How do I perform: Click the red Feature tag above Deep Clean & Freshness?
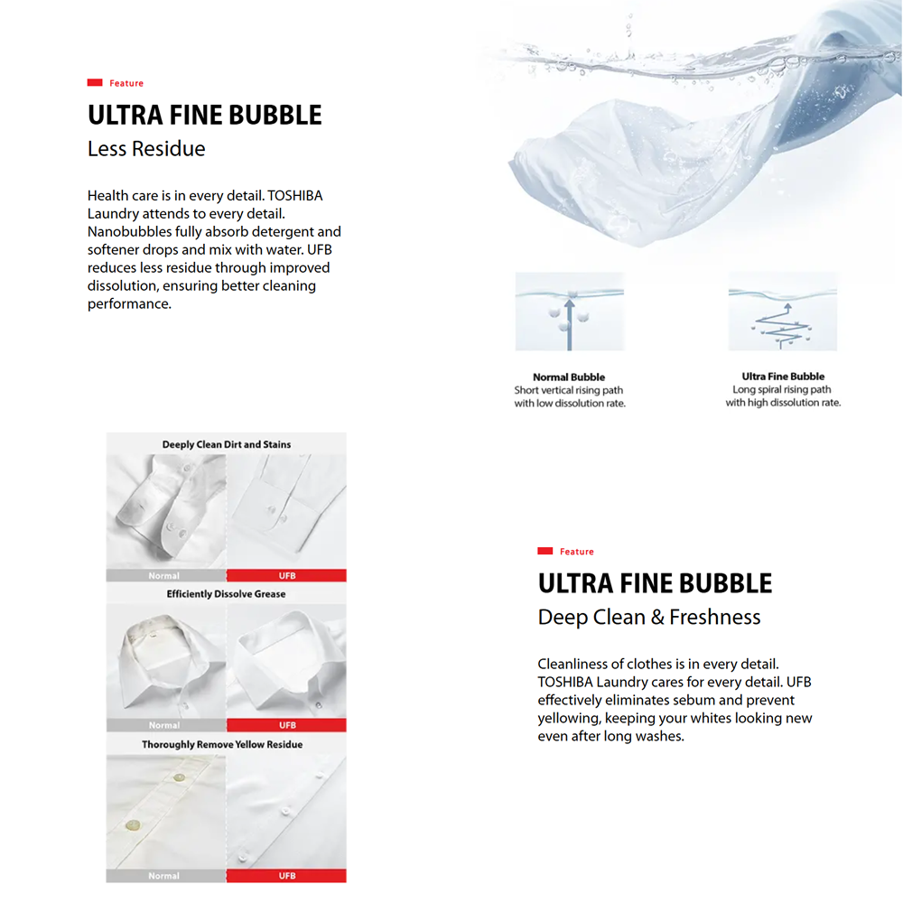point(566,552)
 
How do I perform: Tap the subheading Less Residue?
point(146,149)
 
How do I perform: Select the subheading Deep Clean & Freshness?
point(649,618)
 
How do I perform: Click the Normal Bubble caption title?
point(569,377)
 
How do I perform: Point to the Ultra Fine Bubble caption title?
point(783,377)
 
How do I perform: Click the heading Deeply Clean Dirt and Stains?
point(226,444)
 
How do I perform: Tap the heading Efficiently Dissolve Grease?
point(226,594)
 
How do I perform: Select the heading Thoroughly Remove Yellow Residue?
point(222,745)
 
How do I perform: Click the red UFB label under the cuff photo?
point(287,575)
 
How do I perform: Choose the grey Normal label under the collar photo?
point(164,725)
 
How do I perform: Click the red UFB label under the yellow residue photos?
point(287,876)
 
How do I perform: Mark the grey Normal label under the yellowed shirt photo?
point(164,876)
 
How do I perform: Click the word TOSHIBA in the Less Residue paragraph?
point(295,196)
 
